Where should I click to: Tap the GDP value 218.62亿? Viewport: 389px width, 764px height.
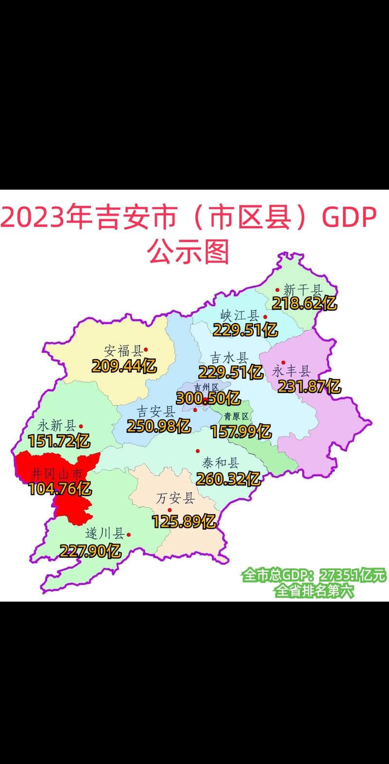(304, 304)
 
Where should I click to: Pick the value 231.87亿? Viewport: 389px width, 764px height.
(309, 387)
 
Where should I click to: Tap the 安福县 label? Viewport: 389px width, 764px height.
(123, 351)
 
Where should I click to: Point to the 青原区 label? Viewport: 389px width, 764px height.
(236, 416)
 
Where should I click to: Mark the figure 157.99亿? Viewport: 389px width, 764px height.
(241, 431)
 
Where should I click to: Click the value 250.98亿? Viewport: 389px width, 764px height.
(159, 426)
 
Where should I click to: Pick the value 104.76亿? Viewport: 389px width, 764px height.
(60, 488)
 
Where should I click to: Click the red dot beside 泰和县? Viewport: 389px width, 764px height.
(197, 451)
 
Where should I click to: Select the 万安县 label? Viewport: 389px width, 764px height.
(176, 499)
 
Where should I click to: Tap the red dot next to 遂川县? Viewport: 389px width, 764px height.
(129, 534)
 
